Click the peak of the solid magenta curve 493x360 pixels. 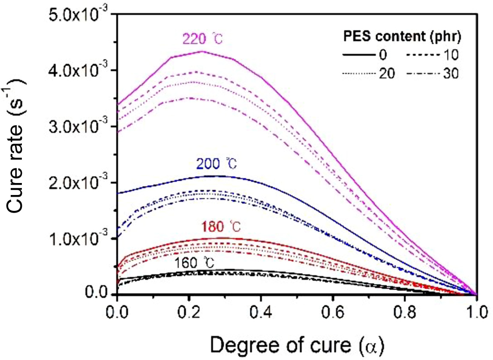pos(201,51)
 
